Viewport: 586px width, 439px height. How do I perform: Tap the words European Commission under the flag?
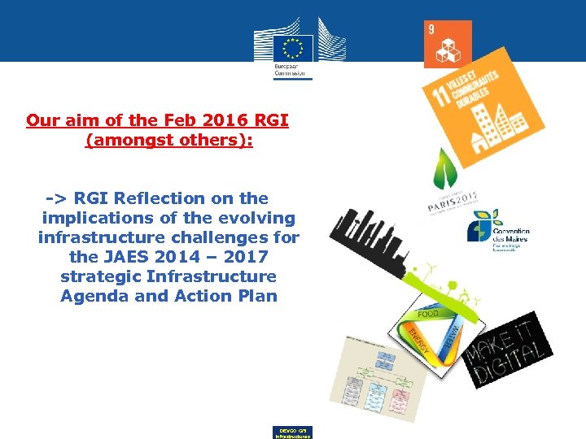tap(292, 68)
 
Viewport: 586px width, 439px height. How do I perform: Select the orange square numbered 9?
tap(448, 44)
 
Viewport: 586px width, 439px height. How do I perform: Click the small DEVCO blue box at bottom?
tap(291, 432)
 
